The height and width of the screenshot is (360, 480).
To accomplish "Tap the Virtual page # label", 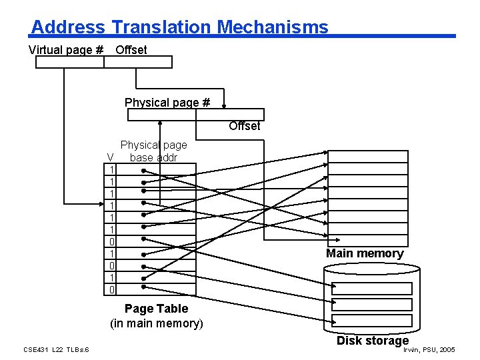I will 65,50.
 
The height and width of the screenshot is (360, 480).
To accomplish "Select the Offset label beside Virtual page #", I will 131,50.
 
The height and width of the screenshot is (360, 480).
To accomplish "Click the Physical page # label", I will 167,103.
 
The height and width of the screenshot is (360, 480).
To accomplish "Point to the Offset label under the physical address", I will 244,126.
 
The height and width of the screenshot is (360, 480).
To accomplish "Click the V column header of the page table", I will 112,157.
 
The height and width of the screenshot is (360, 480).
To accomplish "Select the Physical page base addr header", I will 153,151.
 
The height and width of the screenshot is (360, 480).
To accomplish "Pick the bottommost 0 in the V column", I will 113,289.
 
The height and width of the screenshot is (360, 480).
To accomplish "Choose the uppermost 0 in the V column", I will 113,241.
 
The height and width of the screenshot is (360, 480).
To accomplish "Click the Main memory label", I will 364,253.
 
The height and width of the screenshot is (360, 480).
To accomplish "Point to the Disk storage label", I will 372,341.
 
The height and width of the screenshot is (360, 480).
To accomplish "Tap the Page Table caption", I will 156,309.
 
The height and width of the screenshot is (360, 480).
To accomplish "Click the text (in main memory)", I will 156,324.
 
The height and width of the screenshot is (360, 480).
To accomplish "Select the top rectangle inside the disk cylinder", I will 372,289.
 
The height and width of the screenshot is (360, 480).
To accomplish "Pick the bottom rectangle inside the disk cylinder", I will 372,321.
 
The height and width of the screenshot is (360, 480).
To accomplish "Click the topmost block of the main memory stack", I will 367,157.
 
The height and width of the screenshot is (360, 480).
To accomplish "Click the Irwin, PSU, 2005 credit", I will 429,349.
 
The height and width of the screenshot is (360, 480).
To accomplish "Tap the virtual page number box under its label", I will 69,62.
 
